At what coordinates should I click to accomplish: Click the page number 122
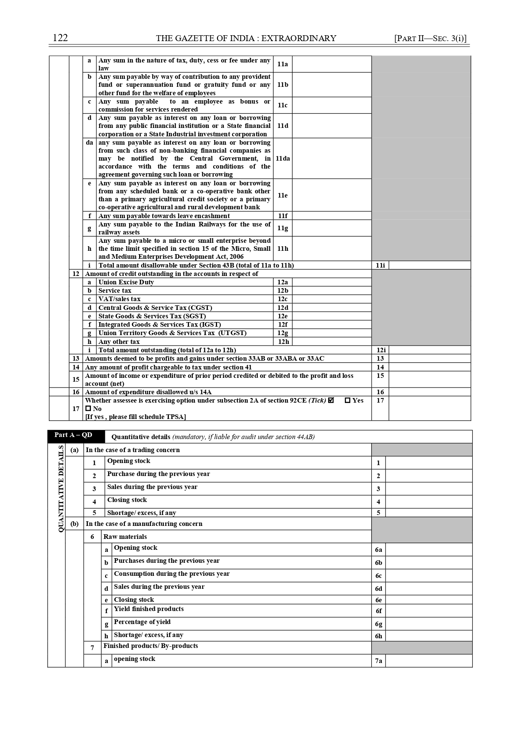coord(60,38)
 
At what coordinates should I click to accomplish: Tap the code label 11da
coord(283,159)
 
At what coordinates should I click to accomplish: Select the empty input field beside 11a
coord(331,64)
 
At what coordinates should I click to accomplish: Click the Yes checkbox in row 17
coord(347,401)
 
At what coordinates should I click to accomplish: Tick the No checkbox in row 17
coord(88,408)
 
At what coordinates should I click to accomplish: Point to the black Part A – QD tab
coord(73,435)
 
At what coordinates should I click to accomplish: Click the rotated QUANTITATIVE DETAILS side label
coord(61,489)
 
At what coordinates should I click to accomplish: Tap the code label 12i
coord(380,350)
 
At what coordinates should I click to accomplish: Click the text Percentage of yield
coord(142,622)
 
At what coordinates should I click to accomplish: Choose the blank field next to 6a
coord(429,550)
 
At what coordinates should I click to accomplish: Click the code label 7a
coord(378,661)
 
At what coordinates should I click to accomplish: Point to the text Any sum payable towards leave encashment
coord(164,216)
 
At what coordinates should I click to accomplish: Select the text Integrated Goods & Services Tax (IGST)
coord(160,325)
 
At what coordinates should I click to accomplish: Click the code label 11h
coord(283,249)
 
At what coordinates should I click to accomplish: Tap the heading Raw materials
coord(125,537)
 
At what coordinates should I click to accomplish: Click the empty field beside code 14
coord(429,367)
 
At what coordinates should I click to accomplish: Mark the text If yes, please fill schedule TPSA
coord(135,416)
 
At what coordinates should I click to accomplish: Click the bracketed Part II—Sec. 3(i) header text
coord(430,39)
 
